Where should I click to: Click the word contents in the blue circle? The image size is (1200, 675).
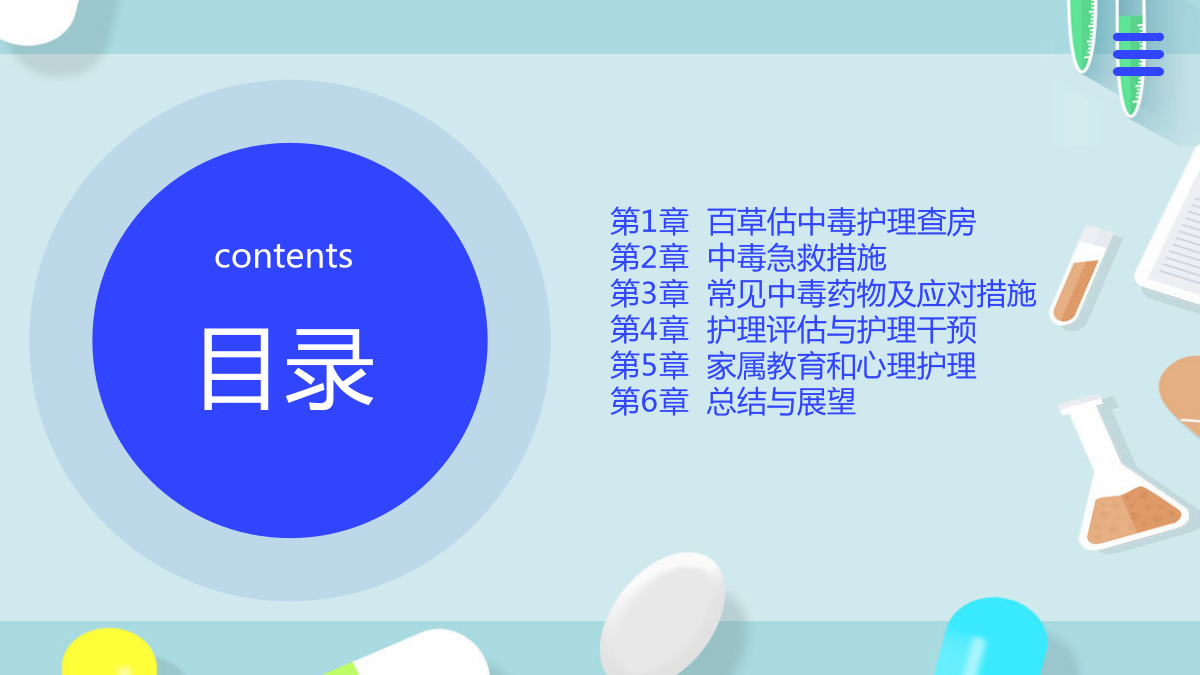point(283,256)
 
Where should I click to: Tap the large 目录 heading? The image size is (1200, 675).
point(287,369)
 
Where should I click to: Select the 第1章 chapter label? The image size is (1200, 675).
point(649,222)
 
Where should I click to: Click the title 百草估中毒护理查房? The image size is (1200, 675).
point(842,222)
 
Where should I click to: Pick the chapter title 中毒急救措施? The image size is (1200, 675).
point(797,258)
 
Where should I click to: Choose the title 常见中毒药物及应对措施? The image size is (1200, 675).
point(872,294)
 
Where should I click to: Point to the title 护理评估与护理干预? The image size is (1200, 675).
point(842,329)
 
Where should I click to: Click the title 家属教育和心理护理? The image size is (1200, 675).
point(842,366)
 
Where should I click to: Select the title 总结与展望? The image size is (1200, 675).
point(782,402)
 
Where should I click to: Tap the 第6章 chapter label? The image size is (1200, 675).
point(649,402)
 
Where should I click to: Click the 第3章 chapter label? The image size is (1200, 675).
point(649,294)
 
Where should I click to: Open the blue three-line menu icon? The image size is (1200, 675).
point(1138,54)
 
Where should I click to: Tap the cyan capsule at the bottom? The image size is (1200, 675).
point(992,639)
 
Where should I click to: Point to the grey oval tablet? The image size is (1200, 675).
point(662,614)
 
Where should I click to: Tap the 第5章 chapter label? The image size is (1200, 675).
point(649,366)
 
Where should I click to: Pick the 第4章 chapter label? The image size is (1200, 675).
point(649,329)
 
